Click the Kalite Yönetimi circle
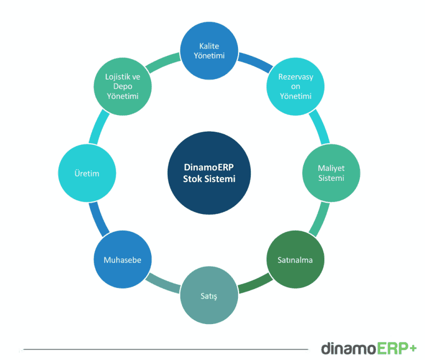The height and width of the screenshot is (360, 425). coord(209,51)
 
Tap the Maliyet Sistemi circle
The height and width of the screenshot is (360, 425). coord(331,173)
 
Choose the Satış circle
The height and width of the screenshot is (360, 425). coord(209,296)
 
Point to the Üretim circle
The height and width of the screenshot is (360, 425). coord(87,173)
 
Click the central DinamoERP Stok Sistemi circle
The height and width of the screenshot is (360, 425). coord(209,173)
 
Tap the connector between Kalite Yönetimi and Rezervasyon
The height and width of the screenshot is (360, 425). coord(253,60)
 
